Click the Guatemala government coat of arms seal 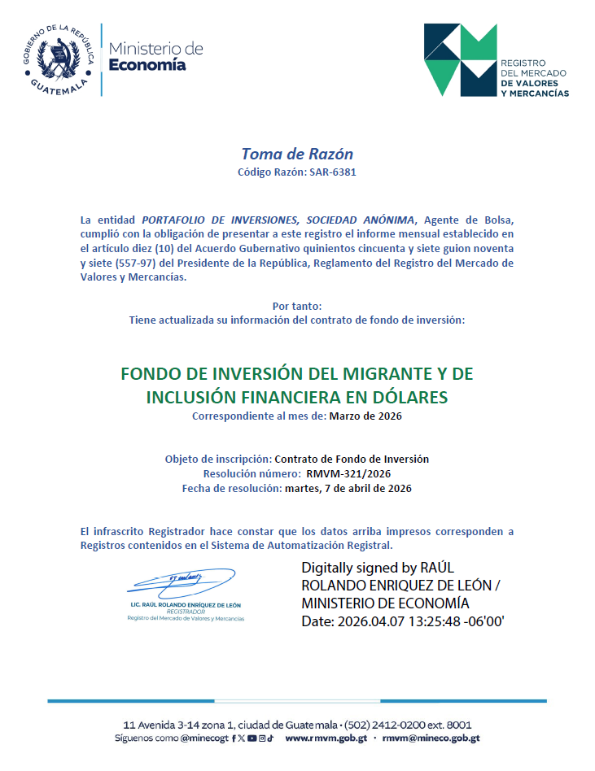click(x=56, y=56)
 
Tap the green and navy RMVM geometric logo click(x=460, y=59)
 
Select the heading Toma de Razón click(x=297, y=154)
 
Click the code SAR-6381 click(x=332, y=172)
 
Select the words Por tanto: click(x=297, y=307)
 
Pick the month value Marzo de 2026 click(x=365, y=416)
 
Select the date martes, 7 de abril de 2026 click(x=348, y=489)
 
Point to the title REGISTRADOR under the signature click(x=185, y=612)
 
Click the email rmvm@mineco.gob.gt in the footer click(x=431, y=738)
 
